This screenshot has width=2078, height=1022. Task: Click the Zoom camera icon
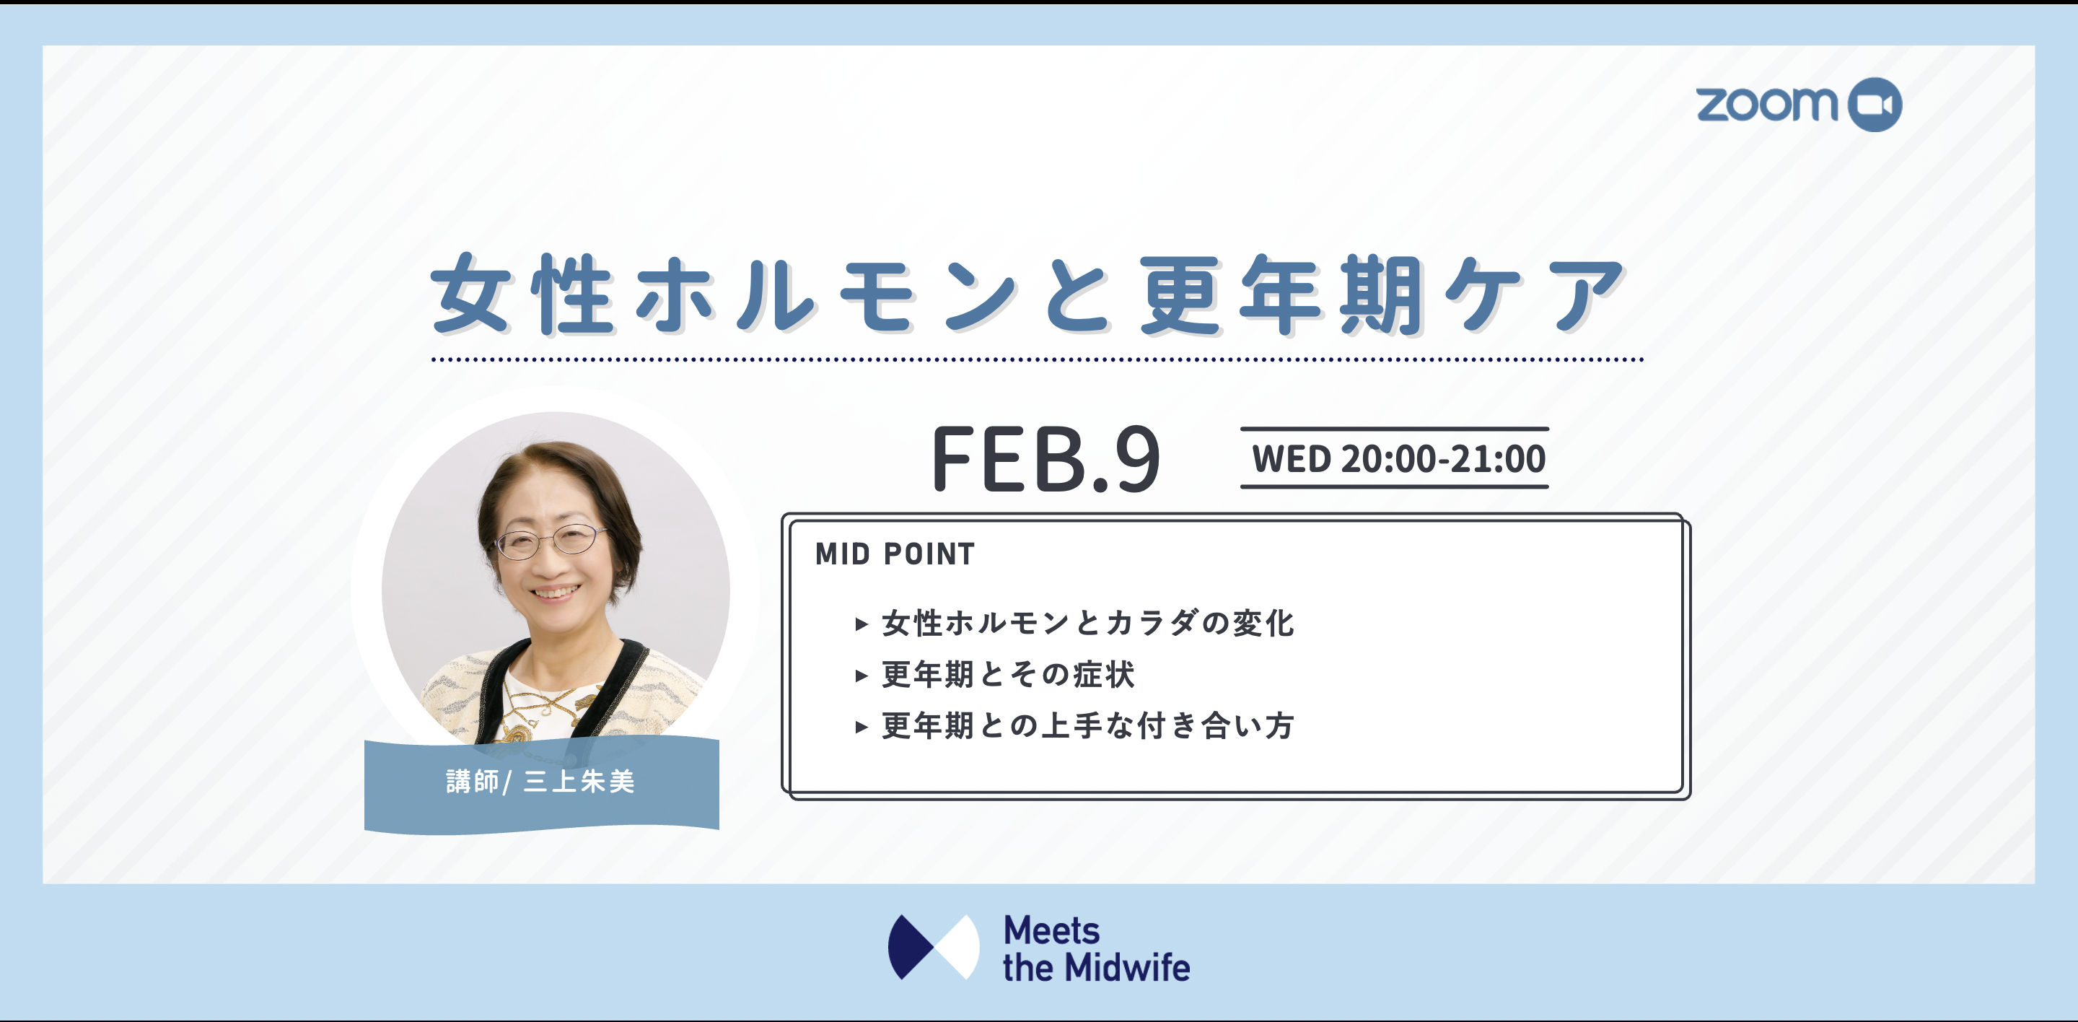tap(1875, 105)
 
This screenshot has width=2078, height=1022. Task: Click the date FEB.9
tap(1046, 459)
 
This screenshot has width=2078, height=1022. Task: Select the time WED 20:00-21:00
tap(1398, 459)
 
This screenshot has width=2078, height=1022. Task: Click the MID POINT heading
tap(895, 554)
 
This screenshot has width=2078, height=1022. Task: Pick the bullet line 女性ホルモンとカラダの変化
tap(1087, 623)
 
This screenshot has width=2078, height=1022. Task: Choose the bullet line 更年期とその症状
tap(1009, 674)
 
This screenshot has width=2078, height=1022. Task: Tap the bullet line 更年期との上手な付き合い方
tap(1087, 726)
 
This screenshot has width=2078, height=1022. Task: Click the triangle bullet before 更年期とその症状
tap(862, 675)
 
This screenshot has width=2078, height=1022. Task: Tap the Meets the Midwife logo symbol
tap(934, 947)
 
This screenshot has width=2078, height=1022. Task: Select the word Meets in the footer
tap(1051, 930)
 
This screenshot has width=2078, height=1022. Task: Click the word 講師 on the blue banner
tap(472, 781)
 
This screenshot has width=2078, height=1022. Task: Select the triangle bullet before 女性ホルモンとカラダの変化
tap(862, 624)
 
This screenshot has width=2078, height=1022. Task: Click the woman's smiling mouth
tap(555, 593)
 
